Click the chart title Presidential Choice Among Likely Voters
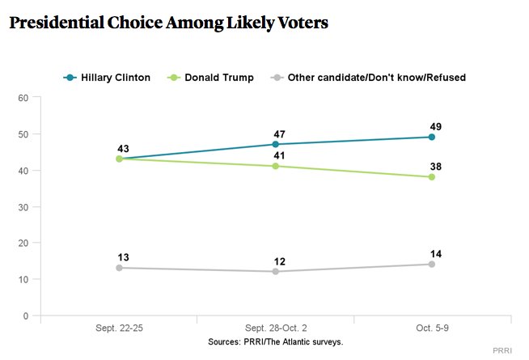click(168, 23)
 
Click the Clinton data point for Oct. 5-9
click(432, 137)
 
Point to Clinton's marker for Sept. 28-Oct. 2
click(275, 144)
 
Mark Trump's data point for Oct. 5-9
click(432, 176)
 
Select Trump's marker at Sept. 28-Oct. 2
click(275, 166)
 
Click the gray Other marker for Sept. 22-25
click(119, 268)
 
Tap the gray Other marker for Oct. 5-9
click(432, 264)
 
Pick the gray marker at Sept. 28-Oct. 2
click(275, 271)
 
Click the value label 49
click(436, 126)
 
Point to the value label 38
click(436, 166)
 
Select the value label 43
click(123, 148)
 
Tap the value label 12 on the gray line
click(279, 260)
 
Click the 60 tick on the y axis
click(23, 98)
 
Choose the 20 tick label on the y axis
click(23, 243)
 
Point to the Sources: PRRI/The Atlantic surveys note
click(276, 342)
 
